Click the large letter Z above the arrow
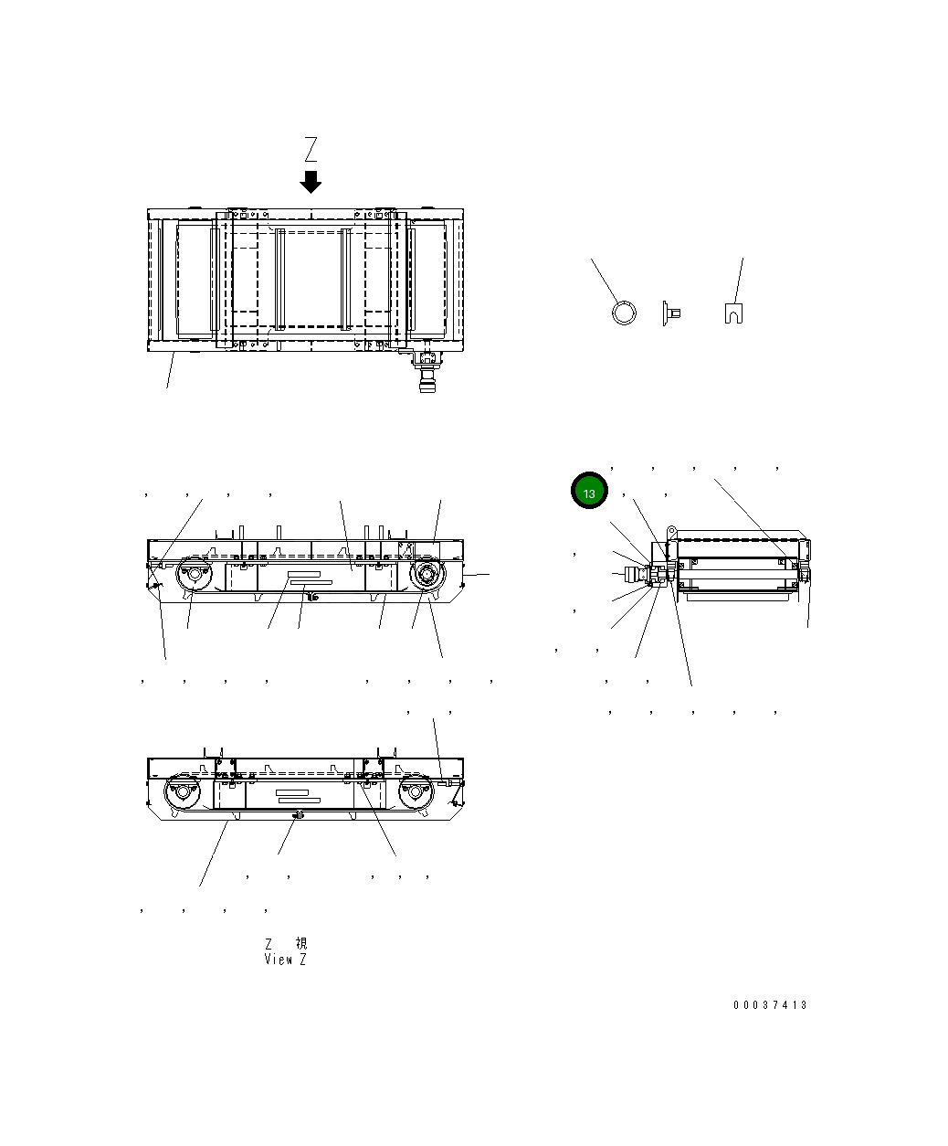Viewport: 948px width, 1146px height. pyautogui.click(x=311, y=149)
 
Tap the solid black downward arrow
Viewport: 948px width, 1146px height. pyautogui.click(x=311, y=181)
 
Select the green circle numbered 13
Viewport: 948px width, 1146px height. pyautogui.click(x=589, y=493)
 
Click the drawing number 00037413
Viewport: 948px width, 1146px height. pyautogui.click(x=770, y=1005)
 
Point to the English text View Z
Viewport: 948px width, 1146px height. pyautogui.click(x=285, y=960)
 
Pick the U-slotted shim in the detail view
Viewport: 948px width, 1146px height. pyautogui.click(x=732, y=313)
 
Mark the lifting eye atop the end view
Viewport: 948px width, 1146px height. pyautogui.click(x=671, y=529)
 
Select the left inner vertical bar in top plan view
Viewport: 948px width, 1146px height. pyautogui.click(x=280, y=279)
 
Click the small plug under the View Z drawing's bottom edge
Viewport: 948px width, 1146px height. pyautogui.click(x=295, y=815)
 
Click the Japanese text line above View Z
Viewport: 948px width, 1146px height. pyautogui.click(x=285, y=943)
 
